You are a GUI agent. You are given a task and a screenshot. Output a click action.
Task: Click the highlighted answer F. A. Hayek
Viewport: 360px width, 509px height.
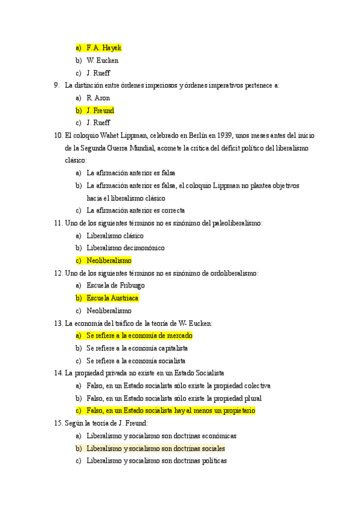104,47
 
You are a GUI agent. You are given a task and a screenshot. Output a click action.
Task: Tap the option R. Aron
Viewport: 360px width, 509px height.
98,98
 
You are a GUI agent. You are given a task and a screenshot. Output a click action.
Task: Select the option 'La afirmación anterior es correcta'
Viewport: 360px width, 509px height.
136,211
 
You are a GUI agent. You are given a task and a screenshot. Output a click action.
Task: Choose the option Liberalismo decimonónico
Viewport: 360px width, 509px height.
125,248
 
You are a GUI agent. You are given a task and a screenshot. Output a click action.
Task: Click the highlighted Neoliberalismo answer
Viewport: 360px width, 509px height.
109,261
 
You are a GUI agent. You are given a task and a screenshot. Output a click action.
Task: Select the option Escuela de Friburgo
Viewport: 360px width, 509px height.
115,286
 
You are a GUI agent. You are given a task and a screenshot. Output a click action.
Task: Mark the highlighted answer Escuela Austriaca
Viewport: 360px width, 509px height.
112,298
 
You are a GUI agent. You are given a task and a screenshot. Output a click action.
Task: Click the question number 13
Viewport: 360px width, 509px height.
58,324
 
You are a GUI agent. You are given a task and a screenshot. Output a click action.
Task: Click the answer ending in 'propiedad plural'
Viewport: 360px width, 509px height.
174,398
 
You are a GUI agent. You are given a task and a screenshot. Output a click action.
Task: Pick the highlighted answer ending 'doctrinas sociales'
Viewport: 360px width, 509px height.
155,448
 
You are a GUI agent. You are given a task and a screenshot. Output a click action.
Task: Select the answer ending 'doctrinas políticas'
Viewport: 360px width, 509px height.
157,461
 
